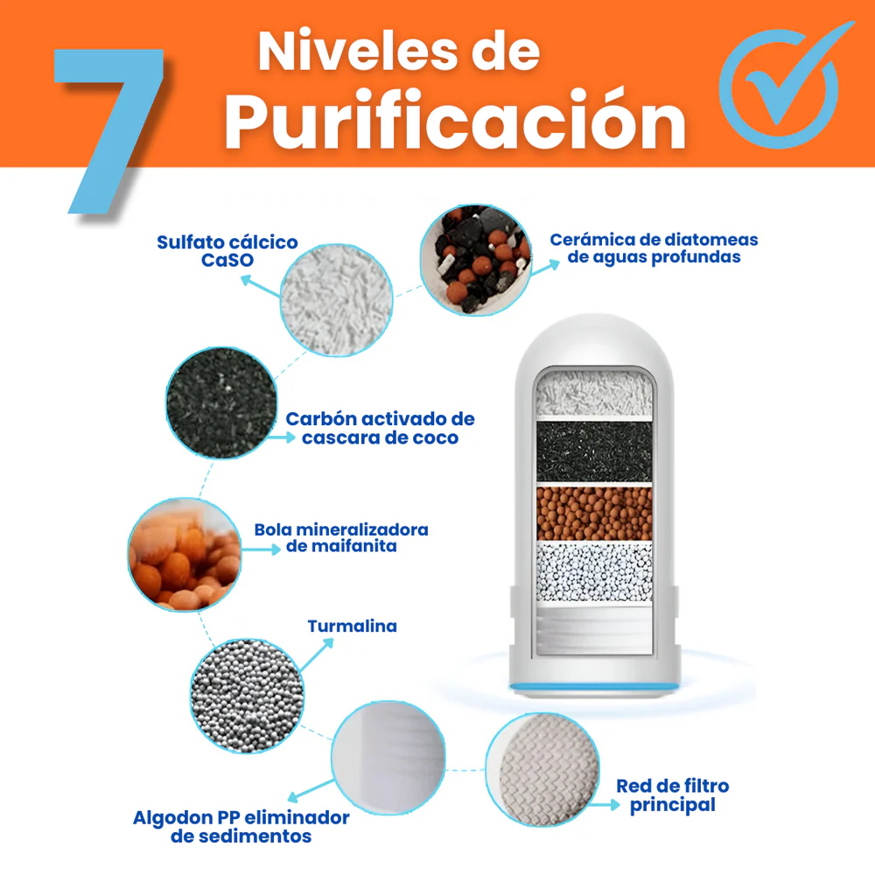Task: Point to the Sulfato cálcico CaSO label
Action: tap(227, 251)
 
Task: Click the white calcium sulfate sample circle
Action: tap(337, 297)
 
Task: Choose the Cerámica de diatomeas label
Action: tap(654, 248)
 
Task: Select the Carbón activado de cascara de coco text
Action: tap(380, 428)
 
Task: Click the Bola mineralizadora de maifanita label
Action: tap(341, 538)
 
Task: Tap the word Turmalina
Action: tap(352, 626)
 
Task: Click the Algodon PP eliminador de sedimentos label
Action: tap(241, 827)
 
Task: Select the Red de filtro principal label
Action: tap(672, 795)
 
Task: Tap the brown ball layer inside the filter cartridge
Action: tap(595, 513)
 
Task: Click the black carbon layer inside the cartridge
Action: tap(595, 452)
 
